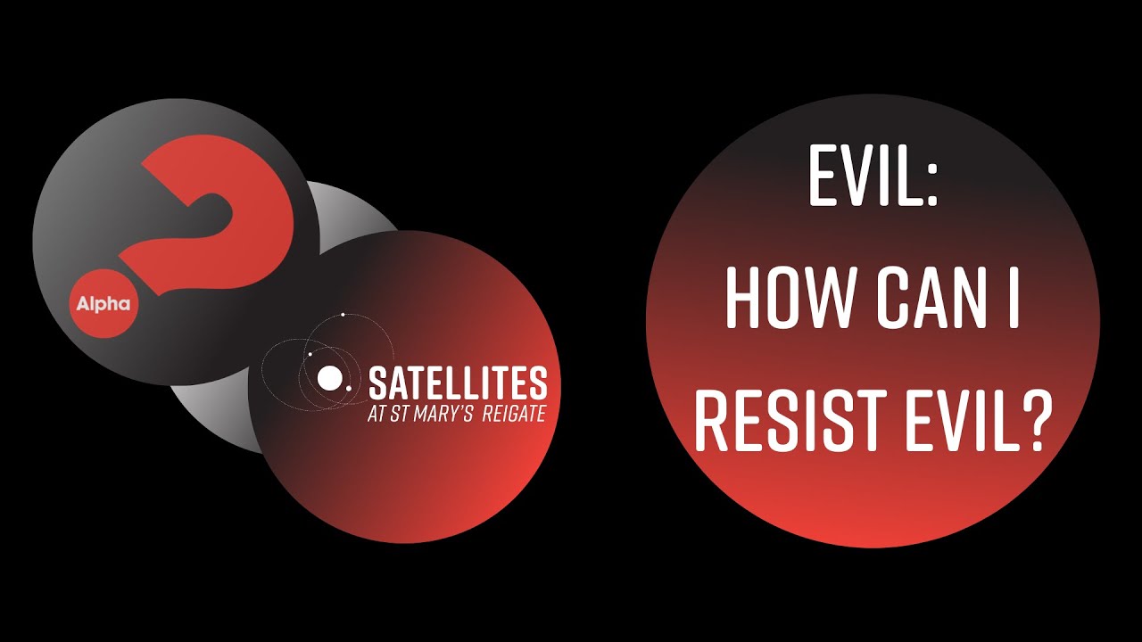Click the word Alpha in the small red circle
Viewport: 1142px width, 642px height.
click(x=103, y=304)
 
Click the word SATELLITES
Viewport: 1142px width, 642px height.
click(x=458, y=383)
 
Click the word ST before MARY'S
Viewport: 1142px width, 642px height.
click(x=398, y=416)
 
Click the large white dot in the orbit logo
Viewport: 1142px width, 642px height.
click(x=329, y=378)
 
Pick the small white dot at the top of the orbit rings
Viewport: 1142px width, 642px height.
click(x=343, y=315)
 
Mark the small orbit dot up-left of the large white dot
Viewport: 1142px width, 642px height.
click(x=310, y=355)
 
